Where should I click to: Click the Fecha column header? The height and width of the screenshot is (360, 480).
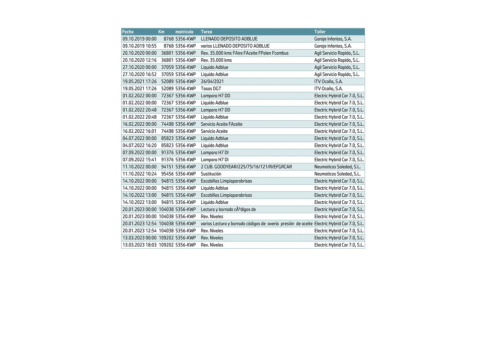128,32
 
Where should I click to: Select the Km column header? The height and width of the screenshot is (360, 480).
161,32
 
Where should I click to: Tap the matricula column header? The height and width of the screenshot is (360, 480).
184,32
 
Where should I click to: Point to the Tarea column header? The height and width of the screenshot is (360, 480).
206,32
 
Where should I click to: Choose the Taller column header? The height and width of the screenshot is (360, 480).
320,32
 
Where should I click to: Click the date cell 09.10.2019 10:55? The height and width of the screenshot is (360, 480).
139,46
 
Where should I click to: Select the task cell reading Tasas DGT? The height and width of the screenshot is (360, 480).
211,89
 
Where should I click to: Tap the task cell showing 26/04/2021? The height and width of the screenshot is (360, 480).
212,81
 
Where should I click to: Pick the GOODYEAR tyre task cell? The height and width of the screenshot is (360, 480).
246,167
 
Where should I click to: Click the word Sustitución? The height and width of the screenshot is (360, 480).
211,174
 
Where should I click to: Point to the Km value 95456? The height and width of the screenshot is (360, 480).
167,174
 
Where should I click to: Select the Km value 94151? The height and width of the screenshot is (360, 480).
167,167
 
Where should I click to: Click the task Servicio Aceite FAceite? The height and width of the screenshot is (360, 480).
222,124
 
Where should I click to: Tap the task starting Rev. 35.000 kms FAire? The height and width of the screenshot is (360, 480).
245,53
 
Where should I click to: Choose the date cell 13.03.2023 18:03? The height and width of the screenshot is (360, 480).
139,245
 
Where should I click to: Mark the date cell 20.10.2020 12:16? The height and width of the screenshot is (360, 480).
139,60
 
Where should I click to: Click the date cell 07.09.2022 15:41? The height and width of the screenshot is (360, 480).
139,160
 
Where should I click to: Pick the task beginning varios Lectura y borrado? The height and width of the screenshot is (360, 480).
257,224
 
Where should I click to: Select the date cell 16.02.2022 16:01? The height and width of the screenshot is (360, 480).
139,131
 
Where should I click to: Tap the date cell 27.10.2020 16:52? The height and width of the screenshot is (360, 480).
139,74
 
